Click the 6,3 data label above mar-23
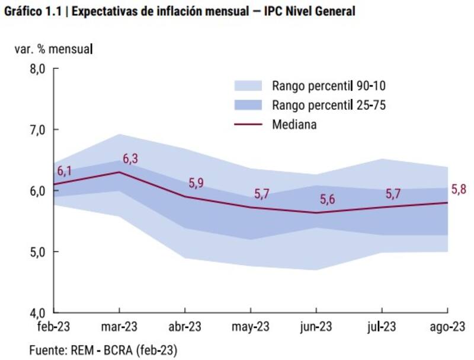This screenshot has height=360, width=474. [x=129, y=159]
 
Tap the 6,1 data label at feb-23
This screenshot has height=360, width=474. [x=65, y=171]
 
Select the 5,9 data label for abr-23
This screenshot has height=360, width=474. [x=196, y=183]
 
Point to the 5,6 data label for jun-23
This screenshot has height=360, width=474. [x=328, y=200]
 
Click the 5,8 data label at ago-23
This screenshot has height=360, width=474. [x=459, y=190]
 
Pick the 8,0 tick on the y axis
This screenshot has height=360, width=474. [x=37, y=69]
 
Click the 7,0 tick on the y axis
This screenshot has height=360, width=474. [x=37, y=130]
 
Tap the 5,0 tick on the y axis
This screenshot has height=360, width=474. [x=37, y=252]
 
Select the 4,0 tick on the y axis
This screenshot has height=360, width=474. [x=37, y=313]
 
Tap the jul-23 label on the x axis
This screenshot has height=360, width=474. [x=382, y=327]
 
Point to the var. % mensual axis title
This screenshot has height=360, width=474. [x=54, y=49]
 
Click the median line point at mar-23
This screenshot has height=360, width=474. [x=120, y=172]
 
